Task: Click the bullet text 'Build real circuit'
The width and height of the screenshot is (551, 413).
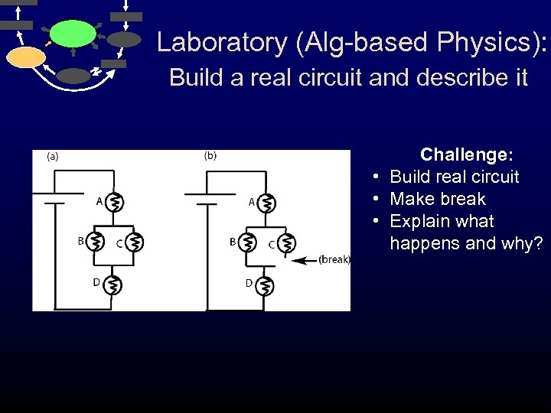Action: (454, 177)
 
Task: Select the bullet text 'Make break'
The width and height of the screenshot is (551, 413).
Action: (437, 199)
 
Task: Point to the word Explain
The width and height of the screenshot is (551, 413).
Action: (419, 222)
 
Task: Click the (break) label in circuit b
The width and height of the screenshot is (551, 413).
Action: (334, 260)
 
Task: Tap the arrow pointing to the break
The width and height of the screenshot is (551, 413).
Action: (305, 260)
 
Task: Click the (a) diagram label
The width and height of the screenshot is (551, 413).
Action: (54, 157)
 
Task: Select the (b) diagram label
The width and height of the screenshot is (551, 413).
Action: (210, 156)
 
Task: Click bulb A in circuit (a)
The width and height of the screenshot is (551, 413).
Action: (113, 203)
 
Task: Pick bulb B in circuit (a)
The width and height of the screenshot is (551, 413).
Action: (95, 242)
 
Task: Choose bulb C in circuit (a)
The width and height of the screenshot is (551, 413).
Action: (134, 243)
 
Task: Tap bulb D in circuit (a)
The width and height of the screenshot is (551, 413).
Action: (113, 285)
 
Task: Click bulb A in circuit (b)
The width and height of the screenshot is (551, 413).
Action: (266, 203)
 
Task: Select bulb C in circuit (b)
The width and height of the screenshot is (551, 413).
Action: (286, 243)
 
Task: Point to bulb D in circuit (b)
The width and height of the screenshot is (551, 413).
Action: (266, 285)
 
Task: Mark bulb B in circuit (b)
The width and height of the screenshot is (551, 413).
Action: (247, 242)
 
